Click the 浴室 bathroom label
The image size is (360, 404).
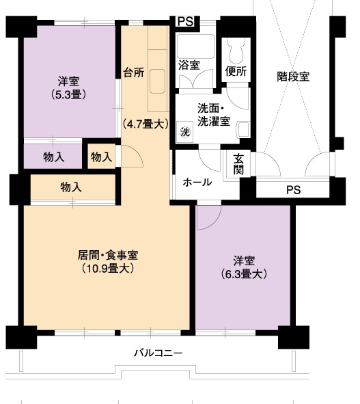point(189,65)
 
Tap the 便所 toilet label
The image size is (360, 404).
point(236,71)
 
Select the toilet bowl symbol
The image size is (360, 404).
point(236,51)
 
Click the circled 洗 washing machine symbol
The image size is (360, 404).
point(185,132)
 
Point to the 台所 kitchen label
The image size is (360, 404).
point(134,72)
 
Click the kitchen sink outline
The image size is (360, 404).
point(157,81)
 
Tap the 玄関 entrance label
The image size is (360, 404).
point(238,164)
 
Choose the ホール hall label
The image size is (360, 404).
point(197,183)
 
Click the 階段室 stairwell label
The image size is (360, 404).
point(293,77)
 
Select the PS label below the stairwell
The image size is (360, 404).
point(294,190)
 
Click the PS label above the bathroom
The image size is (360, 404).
point(185,21)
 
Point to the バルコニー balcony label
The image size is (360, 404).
point(158,353)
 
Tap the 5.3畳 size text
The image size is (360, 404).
point(68,95)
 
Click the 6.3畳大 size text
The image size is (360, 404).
point(244,274)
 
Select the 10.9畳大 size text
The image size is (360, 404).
point(108,269)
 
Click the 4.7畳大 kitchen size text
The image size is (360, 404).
point(146,124)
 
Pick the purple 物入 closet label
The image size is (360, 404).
point(53,157)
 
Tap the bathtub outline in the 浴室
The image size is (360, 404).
point(195,46)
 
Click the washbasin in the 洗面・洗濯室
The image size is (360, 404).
point(243,129)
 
